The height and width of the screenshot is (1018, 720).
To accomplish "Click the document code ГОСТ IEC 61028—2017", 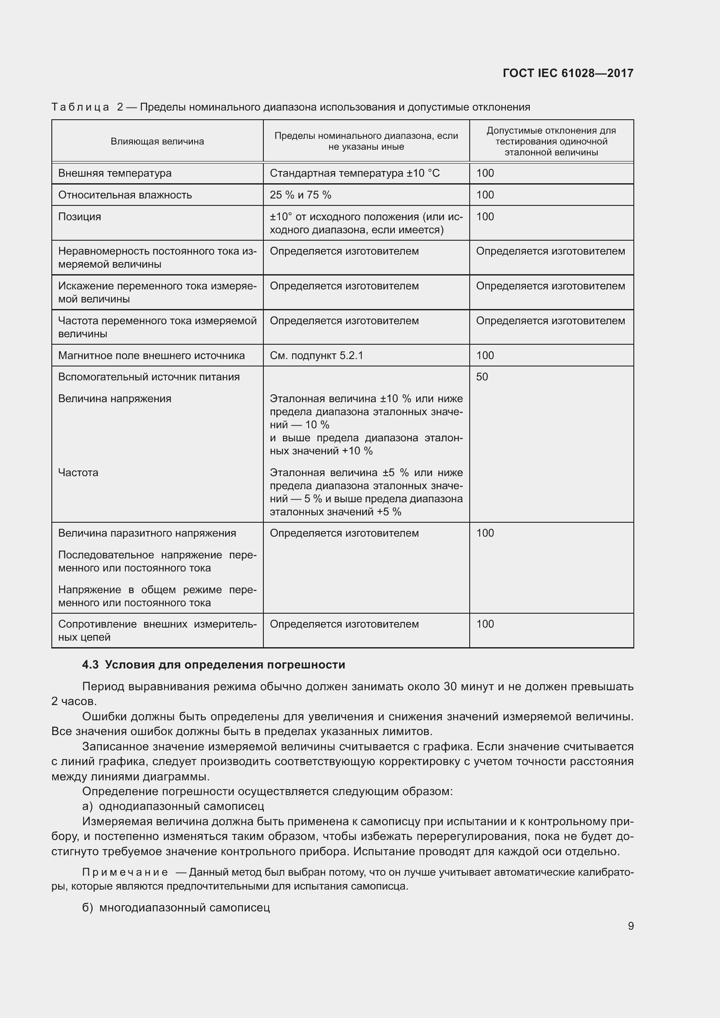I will pos(568,73).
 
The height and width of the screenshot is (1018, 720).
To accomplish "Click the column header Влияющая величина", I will pos(158,141).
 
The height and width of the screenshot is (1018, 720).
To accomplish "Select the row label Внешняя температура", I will pos(115,173).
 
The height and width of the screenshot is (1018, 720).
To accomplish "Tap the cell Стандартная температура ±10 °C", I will pos(355,173).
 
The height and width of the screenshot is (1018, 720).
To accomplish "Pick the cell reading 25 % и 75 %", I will pos(300,195).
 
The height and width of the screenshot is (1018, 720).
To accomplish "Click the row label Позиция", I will pos(80,217).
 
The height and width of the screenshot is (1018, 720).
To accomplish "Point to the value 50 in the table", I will pos(482,377).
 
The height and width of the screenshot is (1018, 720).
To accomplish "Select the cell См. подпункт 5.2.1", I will pos(316,356).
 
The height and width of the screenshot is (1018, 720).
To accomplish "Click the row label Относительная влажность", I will pos(125,195).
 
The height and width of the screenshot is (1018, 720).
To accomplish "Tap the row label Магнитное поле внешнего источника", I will pos(151,356).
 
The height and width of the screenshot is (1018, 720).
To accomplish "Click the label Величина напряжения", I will pos(115,399).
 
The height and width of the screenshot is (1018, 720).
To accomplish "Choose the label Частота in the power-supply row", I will pos(78,473).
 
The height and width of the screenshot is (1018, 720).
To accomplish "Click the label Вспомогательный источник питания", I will pos(149,377).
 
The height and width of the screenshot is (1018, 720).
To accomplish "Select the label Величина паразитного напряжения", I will pos(147,534).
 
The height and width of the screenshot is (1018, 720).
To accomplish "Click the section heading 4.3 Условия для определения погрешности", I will pos(213,665).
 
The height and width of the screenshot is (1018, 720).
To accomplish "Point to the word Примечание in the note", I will pos(125,873).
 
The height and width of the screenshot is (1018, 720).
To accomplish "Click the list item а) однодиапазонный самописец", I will pos(173,806).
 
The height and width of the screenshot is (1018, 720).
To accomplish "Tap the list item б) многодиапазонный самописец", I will pos(176,907).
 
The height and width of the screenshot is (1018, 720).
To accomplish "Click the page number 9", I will pos(630,926).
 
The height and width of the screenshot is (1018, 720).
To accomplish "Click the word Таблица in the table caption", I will pos(80,108).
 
